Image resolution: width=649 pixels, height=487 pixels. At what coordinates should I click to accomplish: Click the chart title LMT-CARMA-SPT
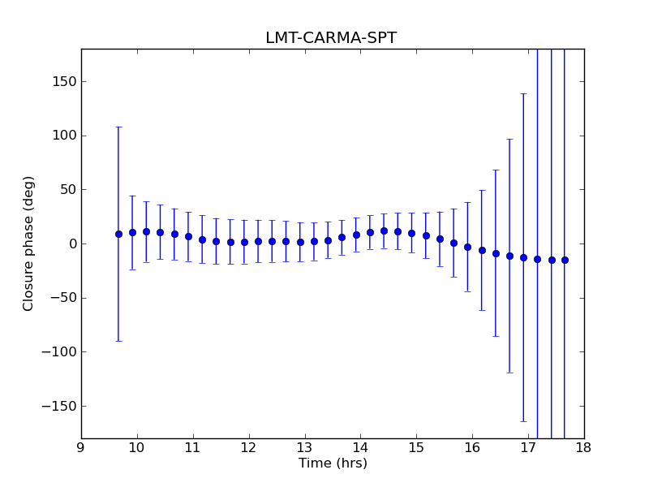point(331,38)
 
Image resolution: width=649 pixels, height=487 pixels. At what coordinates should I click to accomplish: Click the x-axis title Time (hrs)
point(333,463)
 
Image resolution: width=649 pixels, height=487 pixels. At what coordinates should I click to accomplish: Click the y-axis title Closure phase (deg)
point(29,243)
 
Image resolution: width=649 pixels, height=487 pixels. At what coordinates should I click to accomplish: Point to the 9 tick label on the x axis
point(81,447)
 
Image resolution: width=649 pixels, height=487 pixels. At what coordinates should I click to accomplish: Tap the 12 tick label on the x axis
point(248,447)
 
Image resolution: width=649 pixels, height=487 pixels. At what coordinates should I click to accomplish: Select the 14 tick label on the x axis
point(360,447)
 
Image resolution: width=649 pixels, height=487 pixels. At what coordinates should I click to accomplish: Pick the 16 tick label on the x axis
point(472,447)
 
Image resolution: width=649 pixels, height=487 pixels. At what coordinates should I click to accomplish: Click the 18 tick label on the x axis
point(584,447)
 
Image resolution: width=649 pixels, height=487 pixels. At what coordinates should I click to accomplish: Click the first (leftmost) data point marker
point(118,234)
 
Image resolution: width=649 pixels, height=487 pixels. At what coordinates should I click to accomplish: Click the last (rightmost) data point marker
point(565,260)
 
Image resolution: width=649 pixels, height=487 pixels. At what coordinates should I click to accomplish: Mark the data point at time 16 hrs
point(467,247)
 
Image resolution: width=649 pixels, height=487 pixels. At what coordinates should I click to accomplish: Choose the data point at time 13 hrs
point(300,242)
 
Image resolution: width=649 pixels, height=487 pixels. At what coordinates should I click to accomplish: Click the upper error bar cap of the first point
point(118,127)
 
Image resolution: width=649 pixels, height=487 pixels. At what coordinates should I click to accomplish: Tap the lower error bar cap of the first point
point(118,341)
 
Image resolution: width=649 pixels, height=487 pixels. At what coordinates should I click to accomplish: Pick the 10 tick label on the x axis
point(136,447)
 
